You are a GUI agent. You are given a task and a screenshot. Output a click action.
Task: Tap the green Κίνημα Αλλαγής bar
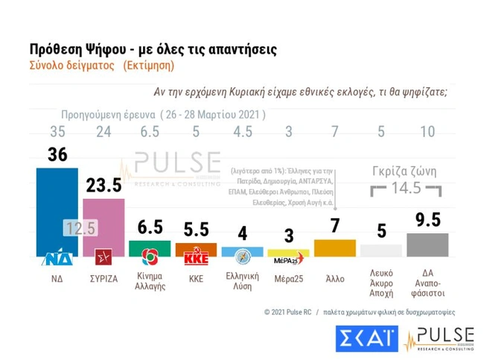click(150, 248)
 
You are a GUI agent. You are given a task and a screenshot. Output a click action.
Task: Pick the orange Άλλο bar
click(335, 247)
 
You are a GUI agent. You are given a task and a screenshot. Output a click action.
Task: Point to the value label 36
click(57, 154)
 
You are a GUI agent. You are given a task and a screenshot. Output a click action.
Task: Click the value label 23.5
click(104, 186)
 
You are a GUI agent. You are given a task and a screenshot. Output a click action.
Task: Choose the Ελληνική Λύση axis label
click(242, 280)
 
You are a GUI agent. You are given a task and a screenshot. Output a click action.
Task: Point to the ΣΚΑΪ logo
click(366, 338)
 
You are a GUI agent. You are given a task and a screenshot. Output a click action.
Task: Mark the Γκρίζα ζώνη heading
click(403, 171)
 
